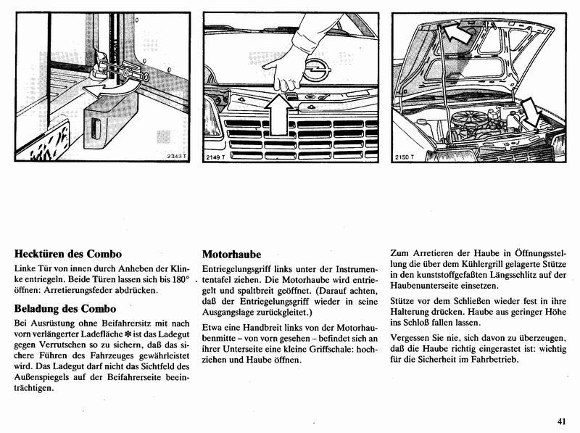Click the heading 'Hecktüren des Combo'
tap(67, 255)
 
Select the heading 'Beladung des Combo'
tap(65, 308)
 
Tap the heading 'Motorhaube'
tap(231, 255)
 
